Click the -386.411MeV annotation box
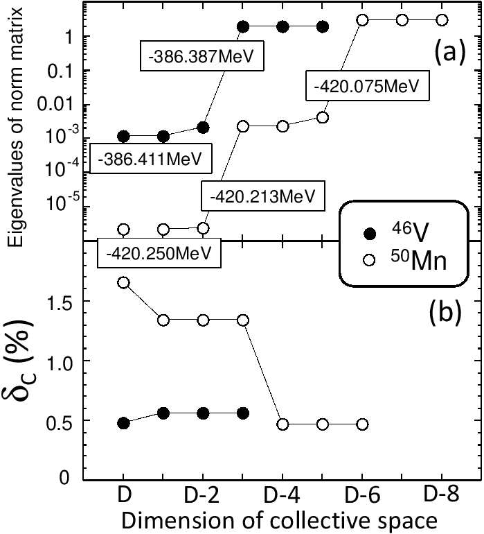(x=150, y=159)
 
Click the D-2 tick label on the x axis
(x=202, y=497)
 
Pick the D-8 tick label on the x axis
(x=441, y=496)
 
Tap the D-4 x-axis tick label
(x=282, y=497)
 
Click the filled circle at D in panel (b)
(x=124, y=423)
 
